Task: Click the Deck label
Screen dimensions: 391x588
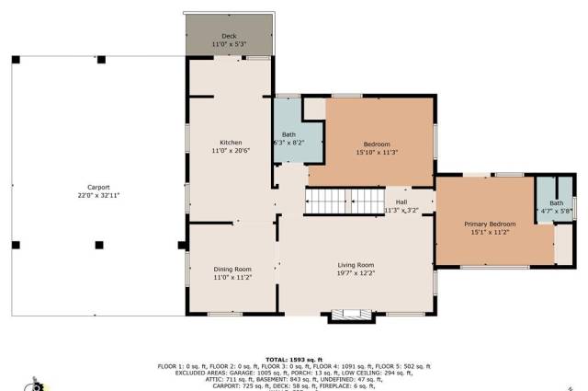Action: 229,36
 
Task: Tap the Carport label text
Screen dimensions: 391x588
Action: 98,187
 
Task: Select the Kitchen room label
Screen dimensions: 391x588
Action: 231,142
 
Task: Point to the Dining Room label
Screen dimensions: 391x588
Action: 231,269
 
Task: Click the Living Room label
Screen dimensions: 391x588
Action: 356,264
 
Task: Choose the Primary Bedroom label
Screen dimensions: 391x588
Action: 489,224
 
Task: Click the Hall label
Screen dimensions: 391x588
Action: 401,201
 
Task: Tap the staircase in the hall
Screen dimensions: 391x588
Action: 328,201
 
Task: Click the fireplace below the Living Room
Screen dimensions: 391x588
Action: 353,315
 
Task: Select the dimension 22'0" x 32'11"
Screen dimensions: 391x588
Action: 98,195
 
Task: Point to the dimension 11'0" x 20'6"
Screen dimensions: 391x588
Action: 231,150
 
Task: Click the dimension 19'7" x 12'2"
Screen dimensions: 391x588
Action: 356,272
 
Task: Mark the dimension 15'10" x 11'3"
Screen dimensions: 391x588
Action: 377,153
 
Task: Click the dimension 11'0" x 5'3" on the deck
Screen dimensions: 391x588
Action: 229,44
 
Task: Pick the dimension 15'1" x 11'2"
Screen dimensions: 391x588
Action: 489,232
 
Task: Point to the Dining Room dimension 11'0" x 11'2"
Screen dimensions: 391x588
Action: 231,277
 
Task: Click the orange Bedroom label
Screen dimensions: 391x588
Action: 377,144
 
